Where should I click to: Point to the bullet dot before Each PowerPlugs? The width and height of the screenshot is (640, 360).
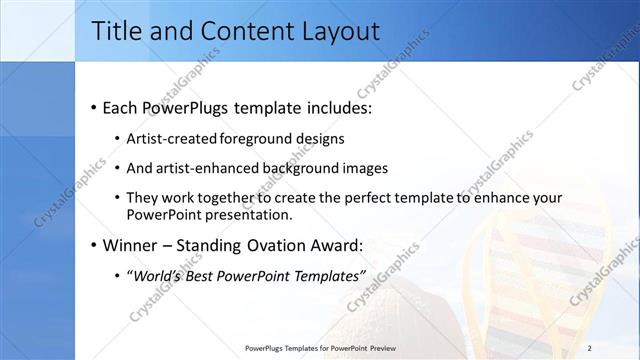[94, 106]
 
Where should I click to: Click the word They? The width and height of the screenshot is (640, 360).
[143, 198]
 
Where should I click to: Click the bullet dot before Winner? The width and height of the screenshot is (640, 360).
[94, 244]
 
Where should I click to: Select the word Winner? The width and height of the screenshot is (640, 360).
[128, 244]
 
